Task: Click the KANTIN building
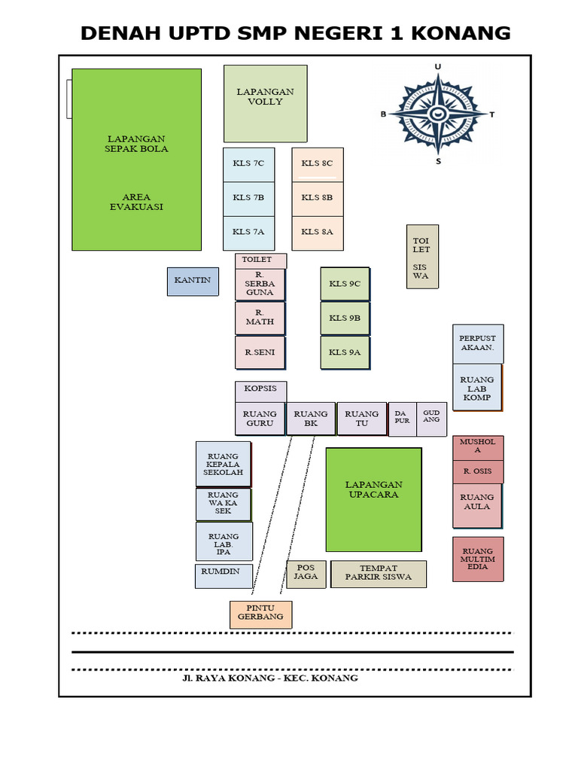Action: pos(193,281)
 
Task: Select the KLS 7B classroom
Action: pos(248,198)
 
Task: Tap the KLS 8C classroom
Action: pos(317,164)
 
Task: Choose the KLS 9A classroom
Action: pos(345,352)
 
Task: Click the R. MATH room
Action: pos(260,318)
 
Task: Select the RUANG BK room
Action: pos(310,418)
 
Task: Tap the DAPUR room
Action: pos(402,418)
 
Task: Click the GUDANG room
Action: pos(431,418)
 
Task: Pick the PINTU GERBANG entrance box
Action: pos(260,614)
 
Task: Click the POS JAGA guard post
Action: pos(305,574)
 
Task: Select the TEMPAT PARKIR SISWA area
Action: pos(378,574)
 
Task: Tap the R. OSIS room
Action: pos(477,471)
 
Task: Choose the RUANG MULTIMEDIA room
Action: pos(477,559)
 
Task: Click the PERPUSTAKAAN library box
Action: pos(477,344)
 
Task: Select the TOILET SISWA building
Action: pos(421,256)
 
